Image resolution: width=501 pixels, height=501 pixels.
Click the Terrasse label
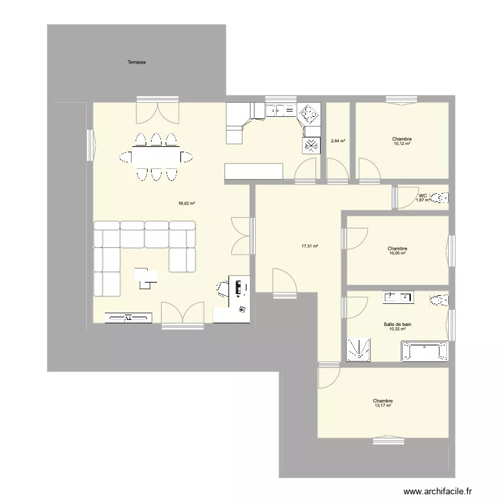coord(137,62)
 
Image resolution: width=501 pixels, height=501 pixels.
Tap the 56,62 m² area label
coord(186,203)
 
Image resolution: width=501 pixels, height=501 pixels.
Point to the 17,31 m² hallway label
coord(309,246)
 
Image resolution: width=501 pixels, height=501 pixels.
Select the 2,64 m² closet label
coord(338,141)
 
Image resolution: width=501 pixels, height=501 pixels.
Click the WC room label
coord(423,195)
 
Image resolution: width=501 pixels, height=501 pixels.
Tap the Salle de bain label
coord(397,324)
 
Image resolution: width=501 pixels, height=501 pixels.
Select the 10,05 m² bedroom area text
coord(397,253)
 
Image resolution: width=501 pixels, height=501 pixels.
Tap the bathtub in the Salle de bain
coord(424,351)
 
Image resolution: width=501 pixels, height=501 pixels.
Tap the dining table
coord(156,157)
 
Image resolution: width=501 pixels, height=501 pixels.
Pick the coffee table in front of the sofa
coord(146,277)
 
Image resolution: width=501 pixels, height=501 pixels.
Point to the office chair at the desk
coord(223,289)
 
